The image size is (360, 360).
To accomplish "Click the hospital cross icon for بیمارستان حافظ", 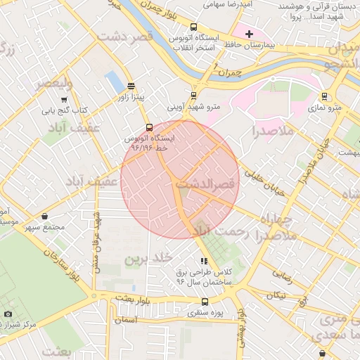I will pyautogui.click(x=249, y=34).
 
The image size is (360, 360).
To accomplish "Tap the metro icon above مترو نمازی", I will pyautogui.click(x=324, y=96).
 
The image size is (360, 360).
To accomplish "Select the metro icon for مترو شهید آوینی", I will pyautogui.click(x=193, y=96).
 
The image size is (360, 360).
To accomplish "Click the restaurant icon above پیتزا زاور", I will pyautogui.click(x=131, y=85).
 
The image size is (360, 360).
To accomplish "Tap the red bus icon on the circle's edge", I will pyautogui.click(x=148, y=128).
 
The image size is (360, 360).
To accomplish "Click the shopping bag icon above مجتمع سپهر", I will pyautogui.click(x=45, y=217).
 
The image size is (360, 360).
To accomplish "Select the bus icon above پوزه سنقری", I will pyautogui.click(x=205, y=302).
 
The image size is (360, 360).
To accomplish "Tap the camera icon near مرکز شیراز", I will pyautogui.click(x=8, y=313).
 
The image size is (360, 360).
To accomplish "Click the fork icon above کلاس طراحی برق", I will pyautogui.click(x=205, y=261).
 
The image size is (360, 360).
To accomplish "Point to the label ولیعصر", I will pyautogui.click(x=53, y=84).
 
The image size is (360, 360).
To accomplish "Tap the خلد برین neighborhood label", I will pyautogui.click(x=148, y=259).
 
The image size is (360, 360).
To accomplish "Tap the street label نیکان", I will pyautogui.click(x=276, y=296).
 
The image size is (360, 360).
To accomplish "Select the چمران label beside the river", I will pyautogui.click(x=229, y=72).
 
